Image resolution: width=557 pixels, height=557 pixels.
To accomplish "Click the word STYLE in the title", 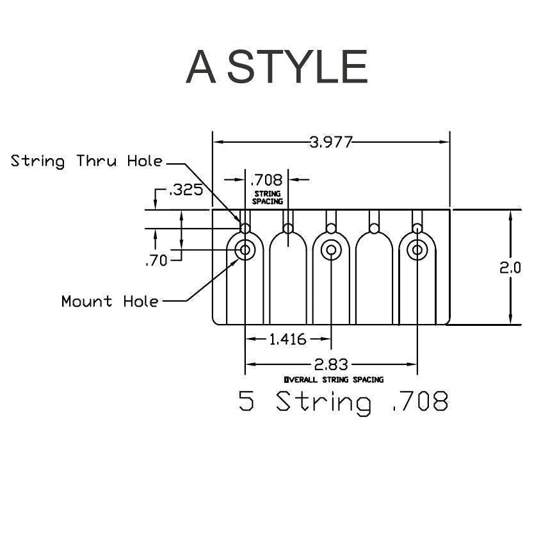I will coord(298,67).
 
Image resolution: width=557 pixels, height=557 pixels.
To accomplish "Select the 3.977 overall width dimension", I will coord(331,142).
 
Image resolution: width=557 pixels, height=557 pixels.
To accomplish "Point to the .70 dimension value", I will coord(156,261).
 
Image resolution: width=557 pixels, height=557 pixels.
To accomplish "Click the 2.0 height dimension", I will coord(510,268).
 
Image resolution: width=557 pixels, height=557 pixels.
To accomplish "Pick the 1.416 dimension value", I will coord(287,339).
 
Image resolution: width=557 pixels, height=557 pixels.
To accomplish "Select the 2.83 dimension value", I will coord(331,364).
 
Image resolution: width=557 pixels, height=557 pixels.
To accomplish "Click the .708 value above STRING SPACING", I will coord(267,180).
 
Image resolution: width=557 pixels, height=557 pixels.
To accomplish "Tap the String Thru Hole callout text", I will coord(86,161).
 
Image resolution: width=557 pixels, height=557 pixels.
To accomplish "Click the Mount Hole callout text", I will coord(109,301).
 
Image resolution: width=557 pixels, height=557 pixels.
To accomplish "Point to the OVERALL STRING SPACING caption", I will coord(334,380).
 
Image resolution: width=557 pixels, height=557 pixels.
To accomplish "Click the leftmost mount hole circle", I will coord(245,250).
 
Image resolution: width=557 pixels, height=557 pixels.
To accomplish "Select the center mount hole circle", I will coord(331,250).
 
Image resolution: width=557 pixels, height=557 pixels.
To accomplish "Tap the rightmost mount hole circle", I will coord(417,250).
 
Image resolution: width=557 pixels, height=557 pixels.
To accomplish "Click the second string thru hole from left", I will coord(288,229).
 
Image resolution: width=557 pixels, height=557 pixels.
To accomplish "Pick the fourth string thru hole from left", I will coord(374,229).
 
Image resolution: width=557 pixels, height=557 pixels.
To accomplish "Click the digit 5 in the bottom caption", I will coord(246,402).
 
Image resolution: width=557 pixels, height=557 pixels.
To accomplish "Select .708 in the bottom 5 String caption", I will coord(419,402).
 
